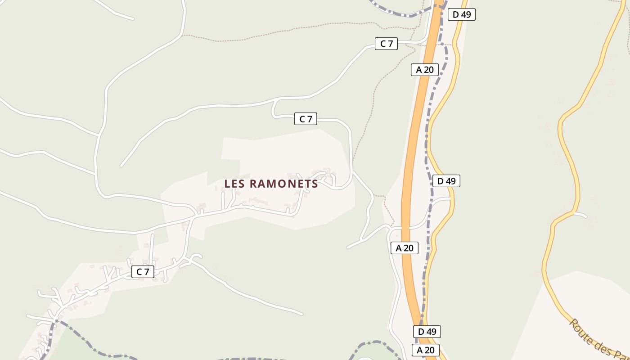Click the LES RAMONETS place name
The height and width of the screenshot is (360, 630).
271,184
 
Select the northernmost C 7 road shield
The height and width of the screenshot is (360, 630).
386,44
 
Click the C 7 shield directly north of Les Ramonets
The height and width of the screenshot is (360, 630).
306,119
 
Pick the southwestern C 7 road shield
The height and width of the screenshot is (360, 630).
143,272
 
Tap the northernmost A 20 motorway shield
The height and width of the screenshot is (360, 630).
424,70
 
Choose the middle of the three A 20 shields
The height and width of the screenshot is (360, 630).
404,248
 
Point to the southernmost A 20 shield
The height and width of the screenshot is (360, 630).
425,350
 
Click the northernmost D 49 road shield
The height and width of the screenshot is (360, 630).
461,14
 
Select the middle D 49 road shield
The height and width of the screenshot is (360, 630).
446,181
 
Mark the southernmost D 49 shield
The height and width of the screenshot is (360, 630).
427,332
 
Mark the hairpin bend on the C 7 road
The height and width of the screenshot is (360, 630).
273,110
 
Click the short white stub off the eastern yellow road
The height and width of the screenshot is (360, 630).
580,214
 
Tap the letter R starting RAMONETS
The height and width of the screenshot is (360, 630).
253,184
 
